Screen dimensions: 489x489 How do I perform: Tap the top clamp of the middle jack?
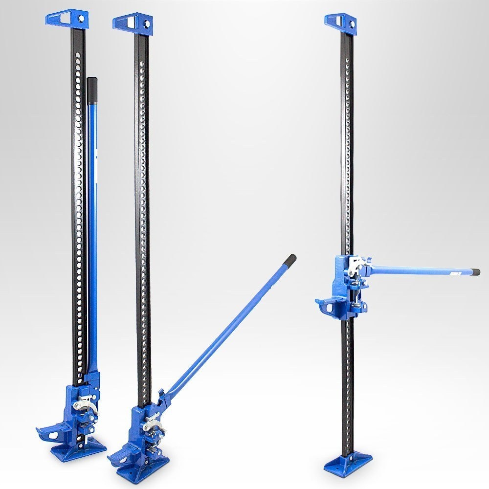(132, 22)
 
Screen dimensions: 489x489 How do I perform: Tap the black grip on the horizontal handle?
(475, 272)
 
